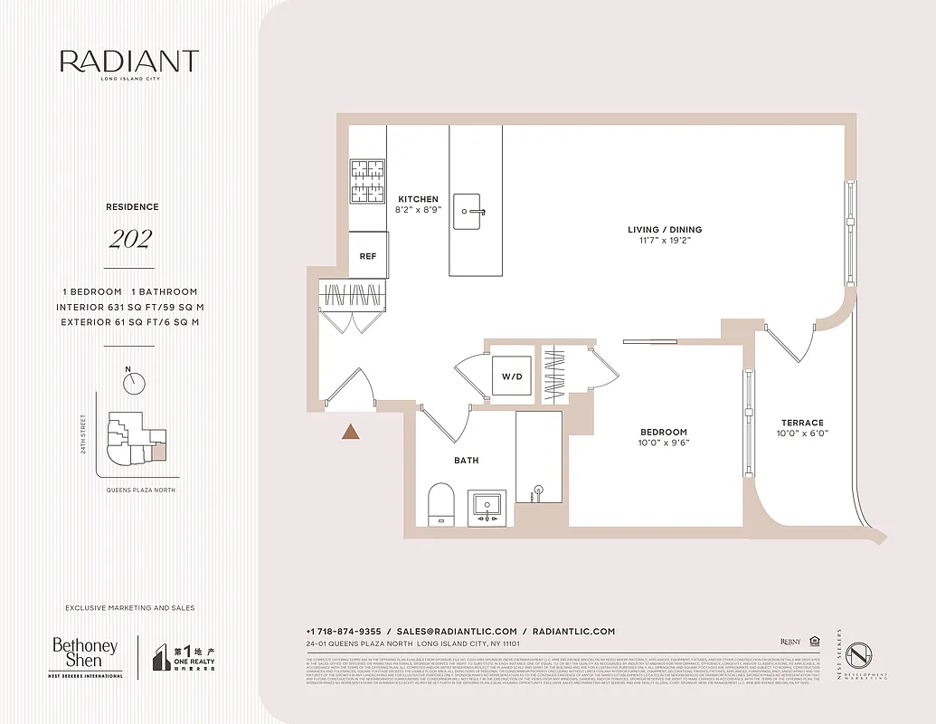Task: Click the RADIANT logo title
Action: [x=129, y=62]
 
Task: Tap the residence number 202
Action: [x=130, y=240]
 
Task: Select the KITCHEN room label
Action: [x=417, y=199]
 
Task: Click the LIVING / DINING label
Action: [x=665, y=230]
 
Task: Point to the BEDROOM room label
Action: [x=663, y=433]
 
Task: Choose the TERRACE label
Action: [x=803, y=423]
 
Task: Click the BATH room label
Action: [x=467, y=461]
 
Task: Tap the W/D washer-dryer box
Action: [x=511, y=376]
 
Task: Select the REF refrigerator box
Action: [x=368, y=256]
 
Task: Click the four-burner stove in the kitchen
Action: [x=368, y=181]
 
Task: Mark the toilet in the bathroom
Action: [x=441, y=503]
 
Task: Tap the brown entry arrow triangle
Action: [x=351, y=432]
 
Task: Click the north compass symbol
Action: [x=135, y=383]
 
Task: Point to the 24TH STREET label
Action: [x=83, y=434]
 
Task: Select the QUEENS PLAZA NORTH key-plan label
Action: [x=140, y=490]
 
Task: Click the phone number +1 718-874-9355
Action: [x=344, y=631]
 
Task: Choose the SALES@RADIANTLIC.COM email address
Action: [x=457, y=631]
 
